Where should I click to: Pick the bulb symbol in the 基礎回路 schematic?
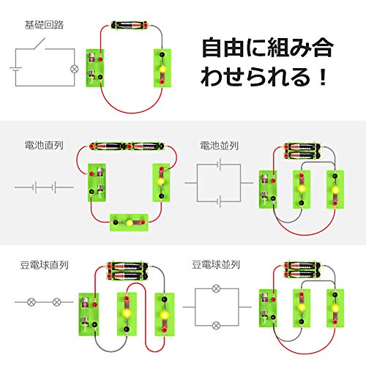73,70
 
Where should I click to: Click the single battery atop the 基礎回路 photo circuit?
129,26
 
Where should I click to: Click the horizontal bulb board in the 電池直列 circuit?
129,222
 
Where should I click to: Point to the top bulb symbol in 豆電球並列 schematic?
216,288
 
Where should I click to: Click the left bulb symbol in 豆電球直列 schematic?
31,302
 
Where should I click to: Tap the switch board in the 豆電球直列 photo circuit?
89,315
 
